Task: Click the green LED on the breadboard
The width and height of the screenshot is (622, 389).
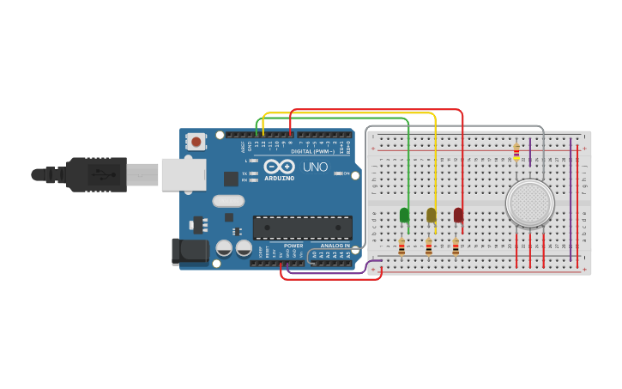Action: coord(404,215)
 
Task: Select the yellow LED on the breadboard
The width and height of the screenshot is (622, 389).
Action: coord(431,215)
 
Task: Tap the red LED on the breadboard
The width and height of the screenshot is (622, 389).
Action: coord(458,215)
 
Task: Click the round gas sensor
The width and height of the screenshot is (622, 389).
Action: coord(530,204)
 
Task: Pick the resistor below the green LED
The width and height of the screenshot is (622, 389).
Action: coord(402,247)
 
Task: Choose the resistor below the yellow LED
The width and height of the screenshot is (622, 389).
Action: coord(428,247)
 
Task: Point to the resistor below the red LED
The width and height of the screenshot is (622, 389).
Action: coord(456,247)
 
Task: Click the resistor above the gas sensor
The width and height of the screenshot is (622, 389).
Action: coord(516,152)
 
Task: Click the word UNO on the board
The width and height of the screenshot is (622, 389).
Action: coord(315,167)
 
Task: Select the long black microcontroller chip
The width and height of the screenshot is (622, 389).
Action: coord(302,228)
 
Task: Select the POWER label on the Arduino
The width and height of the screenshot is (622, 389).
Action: coord(293,246)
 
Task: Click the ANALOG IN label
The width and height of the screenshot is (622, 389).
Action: coord(335,246)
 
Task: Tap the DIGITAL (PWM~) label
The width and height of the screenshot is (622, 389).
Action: coord(312,151)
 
